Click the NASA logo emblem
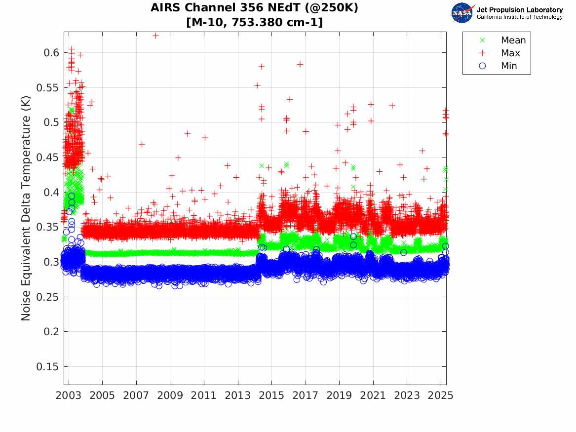pos(462,13)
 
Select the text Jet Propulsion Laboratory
pos(519,10)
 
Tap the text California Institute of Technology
pos(519,17)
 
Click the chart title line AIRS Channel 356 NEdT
pos(254,8)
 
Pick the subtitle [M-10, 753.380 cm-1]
pos(254,22)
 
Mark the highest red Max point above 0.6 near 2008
pos(155,36)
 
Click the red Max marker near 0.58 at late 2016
pos(300,64)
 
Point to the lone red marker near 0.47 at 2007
pos(142,144)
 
